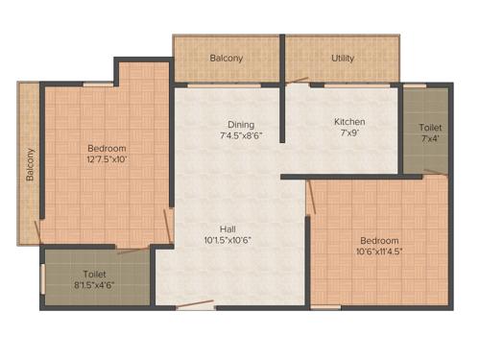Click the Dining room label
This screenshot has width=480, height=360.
(x=240, y=124)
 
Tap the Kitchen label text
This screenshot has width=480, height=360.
(x=349, y=122)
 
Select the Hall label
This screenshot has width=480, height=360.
(x=228, y=228)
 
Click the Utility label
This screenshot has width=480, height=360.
(x=343, y=58)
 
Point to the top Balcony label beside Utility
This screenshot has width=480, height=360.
(x=227, y=58)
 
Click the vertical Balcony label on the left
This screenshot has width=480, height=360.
(x=30, y=164)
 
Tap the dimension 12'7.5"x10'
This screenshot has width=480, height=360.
(x=107, y=159)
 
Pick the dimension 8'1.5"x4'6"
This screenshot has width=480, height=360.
(x=95, y=285)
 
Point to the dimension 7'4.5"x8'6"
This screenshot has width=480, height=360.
(x=240, y=136)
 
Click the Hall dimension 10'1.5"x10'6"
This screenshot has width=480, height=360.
(x=228, y=240)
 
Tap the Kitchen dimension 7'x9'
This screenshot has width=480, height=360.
(x=349, y=134)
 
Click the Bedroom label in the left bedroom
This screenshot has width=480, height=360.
(x=107, y=148)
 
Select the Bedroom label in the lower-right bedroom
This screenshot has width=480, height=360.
(x=378, y=240)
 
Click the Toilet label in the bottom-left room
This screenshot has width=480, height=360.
(x=94, y=274)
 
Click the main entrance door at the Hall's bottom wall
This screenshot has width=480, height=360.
(x=196, y=305)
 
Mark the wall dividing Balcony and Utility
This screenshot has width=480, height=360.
(x=282, y=60)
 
